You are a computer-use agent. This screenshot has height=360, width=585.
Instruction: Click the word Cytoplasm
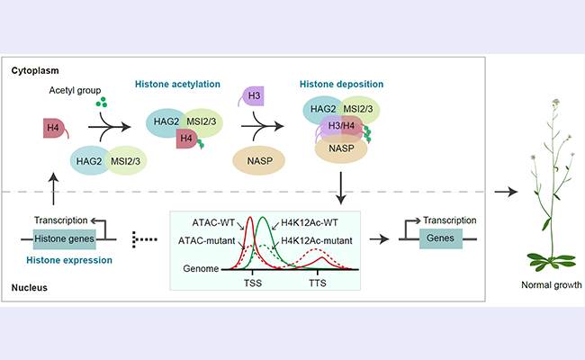pyautogui.click(x=34, y=68)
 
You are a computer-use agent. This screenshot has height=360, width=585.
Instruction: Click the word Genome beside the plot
pyautogui.click(x=196, y=268)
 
